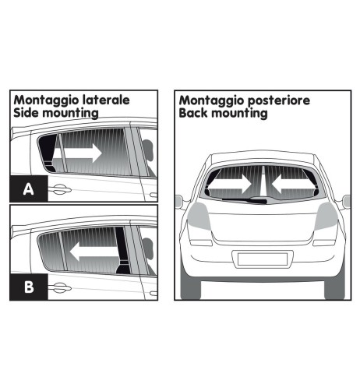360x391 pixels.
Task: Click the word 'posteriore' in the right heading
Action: (x=274, y=100)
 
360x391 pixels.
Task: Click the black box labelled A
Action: (x=26, y=188)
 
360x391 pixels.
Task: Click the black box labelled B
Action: (x=26, y=287)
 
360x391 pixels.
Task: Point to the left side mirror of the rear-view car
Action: (x=180, y=201)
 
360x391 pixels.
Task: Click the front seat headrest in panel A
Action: (x=148, y=150)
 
